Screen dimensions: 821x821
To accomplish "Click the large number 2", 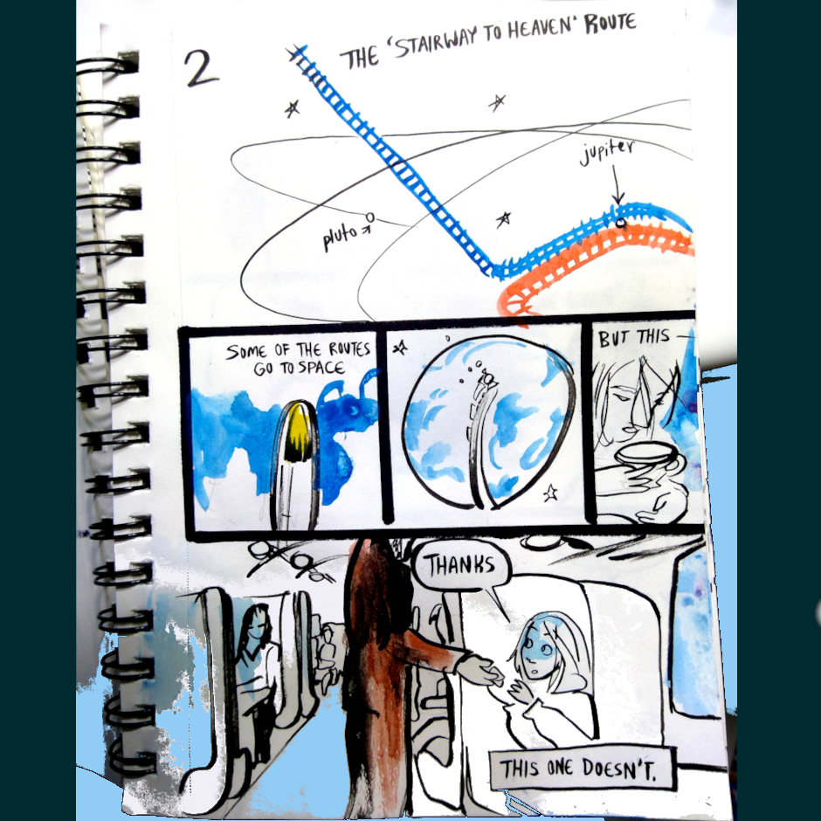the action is (201, 68).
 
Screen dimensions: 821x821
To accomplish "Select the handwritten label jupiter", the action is (606, 152).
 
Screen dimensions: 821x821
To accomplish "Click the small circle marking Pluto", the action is (370, 217).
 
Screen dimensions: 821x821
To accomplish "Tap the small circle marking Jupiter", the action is (620, 224).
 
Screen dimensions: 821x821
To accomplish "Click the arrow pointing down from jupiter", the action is (617, 185).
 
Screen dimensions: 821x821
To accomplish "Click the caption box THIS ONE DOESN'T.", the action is (580, 769).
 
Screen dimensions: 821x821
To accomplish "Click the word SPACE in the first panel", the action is (321, 368).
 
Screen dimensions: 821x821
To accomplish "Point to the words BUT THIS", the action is (633, 338).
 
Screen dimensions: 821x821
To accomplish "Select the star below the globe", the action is (549, 493).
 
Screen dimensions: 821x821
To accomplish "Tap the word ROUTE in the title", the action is (610, 23).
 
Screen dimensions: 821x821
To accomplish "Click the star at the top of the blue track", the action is (297, 52).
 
